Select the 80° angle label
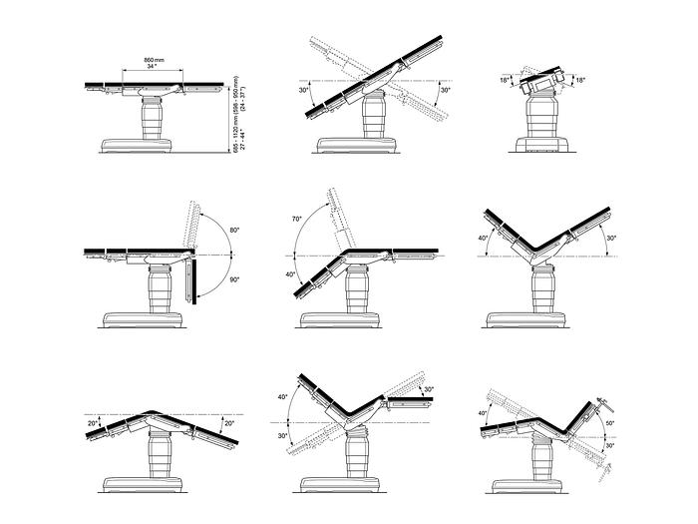(234, 231)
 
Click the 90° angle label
(234, 279)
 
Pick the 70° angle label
(297, 218)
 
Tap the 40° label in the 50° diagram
(483, 413)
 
